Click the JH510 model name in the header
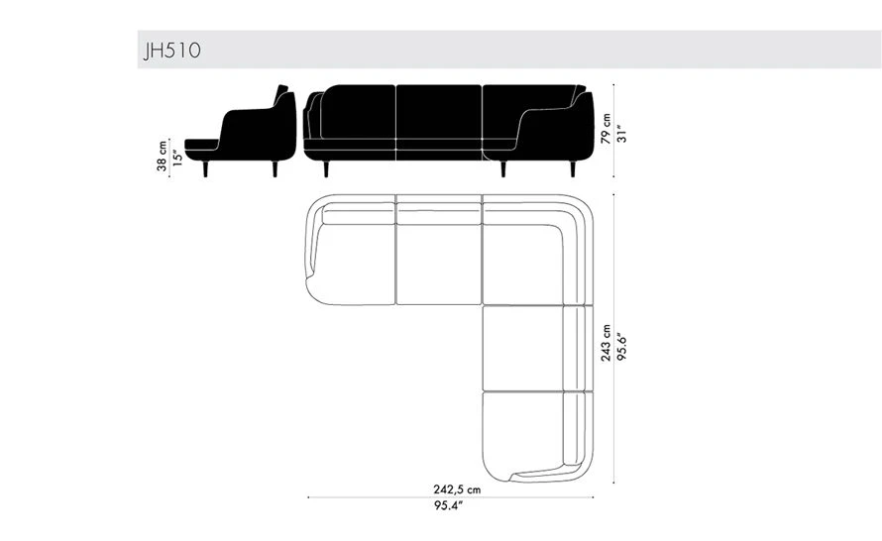tap(172, 51)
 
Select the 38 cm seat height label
tap(162, 156)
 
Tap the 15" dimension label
tap(177, 158)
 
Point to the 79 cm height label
tap(606, 129)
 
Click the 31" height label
tap(621, 134)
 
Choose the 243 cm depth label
tap(606, 343)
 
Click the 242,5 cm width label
tap(457, 489)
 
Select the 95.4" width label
tap(448, 505)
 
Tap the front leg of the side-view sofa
tap(205, 168)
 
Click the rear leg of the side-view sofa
tap(275, 168)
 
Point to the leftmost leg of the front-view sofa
tap(326, 168)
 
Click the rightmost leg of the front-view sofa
tap(573, 168)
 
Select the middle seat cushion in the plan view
tap(439, 265)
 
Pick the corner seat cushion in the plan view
tap(523, 265)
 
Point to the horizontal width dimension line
tap(451, 497)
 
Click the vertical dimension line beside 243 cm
tap(613, 338)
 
